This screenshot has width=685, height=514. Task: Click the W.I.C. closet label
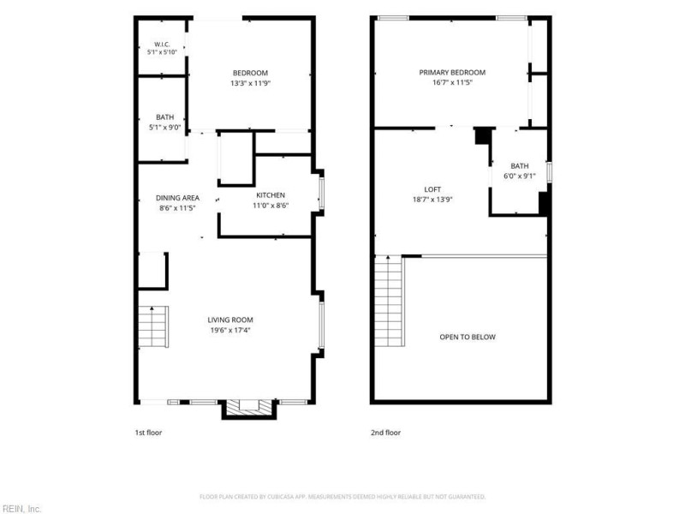[x=162, y=45]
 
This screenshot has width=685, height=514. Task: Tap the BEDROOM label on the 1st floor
[x=250, y=73]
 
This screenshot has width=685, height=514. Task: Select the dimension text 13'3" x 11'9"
[x=251, y=83]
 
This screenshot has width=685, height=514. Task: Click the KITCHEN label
[x=271, y=195]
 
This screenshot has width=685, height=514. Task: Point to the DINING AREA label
[x=177, y=198]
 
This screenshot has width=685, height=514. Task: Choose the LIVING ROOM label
[x=230, y=320]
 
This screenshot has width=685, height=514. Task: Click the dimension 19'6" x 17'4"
[x=230, y=331]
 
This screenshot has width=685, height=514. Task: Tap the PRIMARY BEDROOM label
[x=452, y=73]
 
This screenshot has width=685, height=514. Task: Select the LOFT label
[x=432, y=189]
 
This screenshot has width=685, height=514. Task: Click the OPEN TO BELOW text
[x=468, y=337]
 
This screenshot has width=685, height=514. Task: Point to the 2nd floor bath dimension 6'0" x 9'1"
[x=520, y=176]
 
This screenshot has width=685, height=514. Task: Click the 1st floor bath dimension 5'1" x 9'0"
[x=164, y=128]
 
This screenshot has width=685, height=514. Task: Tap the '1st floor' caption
[x=148, y=433]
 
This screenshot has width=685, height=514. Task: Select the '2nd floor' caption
[x=386, y=433]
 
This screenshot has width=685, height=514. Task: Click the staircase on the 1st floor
[x=153, y=327]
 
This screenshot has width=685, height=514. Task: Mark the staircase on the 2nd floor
[x=390, y=301]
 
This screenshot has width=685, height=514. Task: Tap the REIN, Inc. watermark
[x=21, y=509]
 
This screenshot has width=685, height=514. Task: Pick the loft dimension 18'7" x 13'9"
[x=432, y=200]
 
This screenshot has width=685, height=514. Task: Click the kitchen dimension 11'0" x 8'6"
[x=271, y=206]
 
